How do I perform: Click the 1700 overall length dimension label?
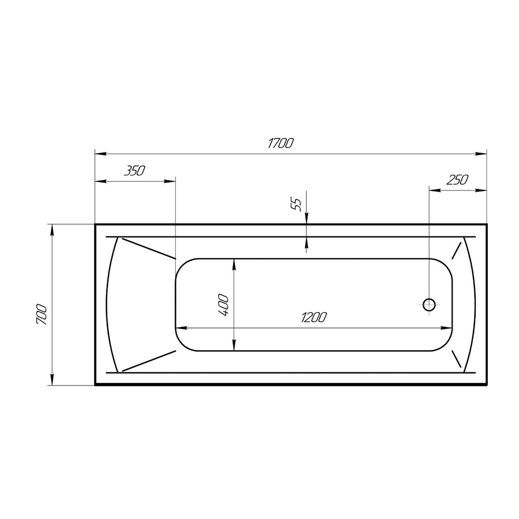tap(280, 143)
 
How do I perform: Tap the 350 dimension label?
tap(135, 171)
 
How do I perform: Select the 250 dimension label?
tap(457, 180)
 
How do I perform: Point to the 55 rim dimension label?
tap(296, 204)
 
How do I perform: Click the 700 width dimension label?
tap(42, 314)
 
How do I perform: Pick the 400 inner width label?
tap(223, 305)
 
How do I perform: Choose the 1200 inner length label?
tap(314, 318)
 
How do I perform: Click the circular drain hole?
tap(429, 305)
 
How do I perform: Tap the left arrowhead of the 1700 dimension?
tap(101, 154)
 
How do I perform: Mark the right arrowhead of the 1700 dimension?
tap(481, 154)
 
